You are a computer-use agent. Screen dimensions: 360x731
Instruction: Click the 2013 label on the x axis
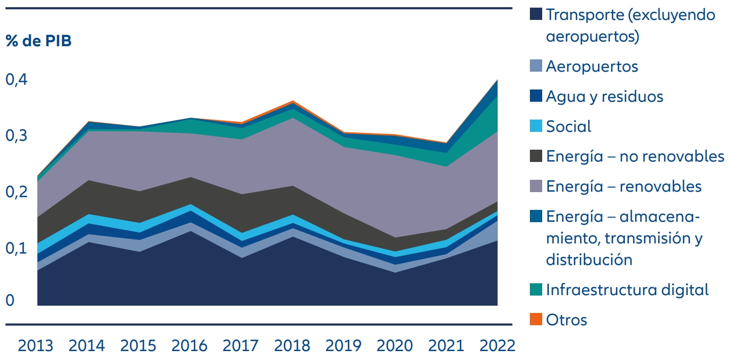click(35, 346)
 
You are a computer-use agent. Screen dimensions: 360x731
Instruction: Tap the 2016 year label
click(189, 346)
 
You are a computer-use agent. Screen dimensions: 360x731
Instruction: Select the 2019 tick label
click(343, 346)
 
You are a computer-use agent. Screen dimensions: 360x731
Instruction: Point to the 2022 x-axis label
click(497, 346)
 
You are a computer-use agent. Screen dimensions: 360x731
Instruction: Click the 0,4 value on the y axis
click(16, 79)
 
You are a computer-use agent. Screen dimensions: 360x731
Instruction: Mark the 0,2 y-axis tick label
click(16, 192)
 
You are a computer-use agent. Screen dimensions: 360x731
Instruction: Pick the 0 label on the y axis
click(10, 300)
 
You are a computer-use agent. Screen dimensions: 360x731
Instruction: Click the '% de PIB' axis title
click(39, 41)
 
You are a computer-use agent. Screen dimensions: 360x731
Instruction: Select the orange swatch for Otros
click(536, 319)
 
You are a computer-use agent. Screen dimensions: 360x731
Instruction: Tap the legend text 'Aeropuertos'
click(592, 66)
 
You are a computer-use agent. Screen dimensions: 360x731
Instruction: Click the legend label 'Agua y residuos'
click(605, 96)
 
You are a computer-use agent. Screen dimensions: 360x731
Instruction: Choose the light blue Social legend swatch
click(536, 126)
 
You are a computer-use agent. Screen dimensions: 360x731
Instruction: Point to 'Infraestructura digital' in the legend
click(627, 290)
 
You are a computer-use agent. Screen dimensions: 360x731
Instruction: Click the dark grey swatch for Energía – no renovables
click(536, 156)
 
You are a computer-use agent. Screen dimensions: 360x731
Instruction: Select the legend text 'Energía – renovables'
click(624, 186)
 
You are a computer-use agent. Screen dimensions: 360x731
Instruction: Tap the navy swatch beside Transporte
click(536, 14)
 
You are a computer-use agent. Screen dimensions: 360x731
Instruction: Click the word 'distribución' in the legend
click(589, 260)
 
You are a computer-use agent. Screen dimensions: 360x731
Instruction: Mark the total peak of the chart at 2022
click(497, 80)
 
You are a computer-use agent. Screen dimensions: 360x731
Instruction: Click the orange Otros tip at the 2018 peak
click(293, 102)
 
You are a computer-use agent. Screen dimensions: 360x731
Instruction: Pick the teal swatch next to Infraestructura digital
click(536, 290)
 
